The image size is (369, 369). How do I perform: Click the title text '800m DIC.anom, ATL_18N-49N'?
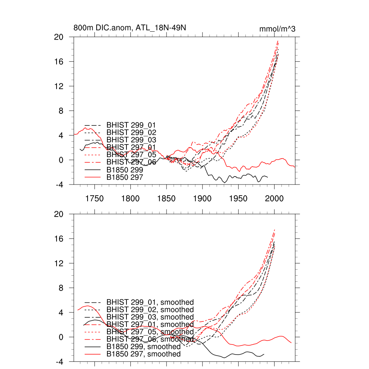(130, 28)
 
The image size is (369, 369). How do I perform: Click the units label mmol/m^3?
(277, 29)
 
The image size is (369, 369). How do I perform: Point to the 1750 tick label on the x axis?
(94, 198)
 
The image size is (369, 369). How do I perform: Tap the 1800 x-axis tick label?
(130, 198)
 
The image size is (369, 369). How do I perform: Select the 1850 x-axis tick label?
(166, 198)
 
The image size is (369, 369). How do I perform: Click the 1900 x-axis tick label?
(203, 198)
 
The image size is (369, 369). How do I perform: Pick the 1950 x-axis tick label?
(239, 198)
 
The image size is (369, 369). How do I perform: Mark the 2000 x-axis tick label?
(275, 198)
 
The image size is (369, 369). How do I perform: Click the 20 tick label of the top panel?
(59, 37)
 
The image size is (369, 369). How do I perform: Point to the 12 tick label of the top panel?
(59, 86)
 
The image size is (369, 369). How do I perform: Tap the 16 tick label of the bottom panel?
(59, 239)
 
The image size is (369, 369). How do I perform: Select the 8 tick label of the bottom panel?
(61, 288)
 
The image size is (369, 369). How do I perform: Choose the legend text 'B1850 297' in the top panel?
(125, 177)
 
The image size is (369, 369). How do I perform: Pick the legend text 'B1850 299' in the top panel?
(125, 169)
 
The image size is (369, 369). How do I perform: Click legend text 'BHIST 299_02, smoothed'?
(150, 310)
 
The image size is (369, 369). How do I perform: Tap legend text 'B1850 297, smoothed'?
(143, 354)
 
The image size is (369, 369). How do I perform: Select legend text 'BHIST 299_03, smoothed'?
(150, 317)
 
